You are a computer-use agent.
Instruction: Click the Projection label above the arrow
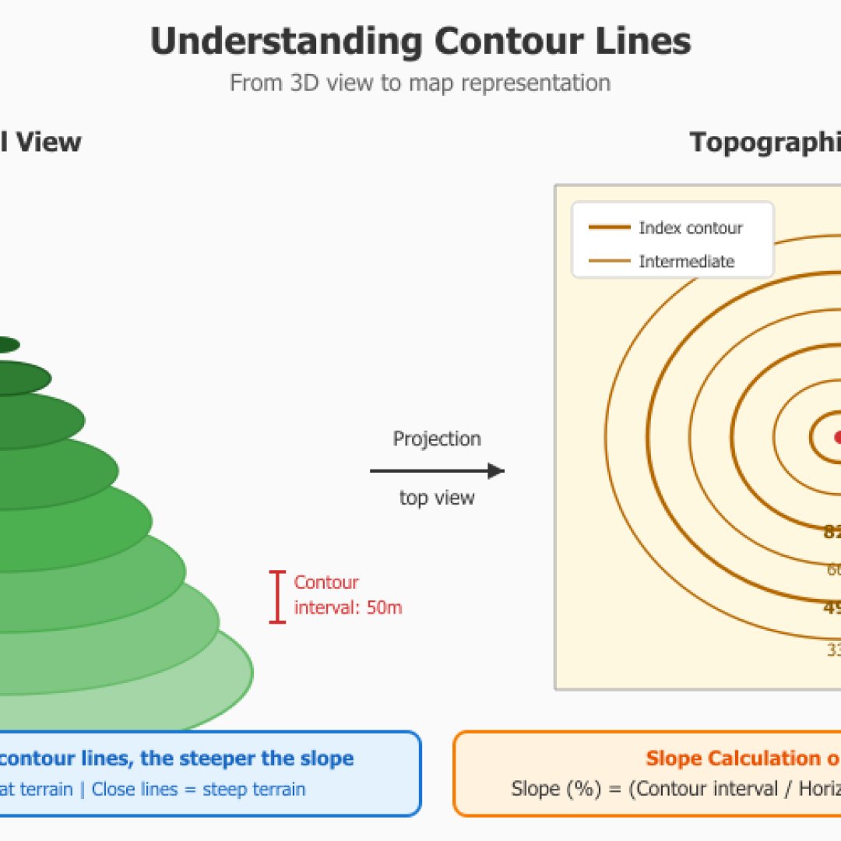[x=437, y=438]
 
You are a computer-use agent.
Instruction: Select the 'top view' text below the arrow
[x=437, y=498]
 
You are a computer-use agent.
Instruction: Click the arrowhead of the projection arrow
[x=496, y=470]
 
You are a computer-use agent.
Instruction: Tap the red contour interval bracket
[x=277, y=597]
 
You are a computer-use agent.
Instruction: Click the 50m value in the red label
[x=384, y=607]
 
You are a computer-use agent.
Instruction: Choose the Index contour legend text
[x=691, y=228]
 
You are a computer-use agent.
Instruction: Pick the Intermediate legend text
[x=687, y=262]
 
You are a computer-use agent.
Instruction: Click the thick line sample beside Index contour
[x=610, y=228]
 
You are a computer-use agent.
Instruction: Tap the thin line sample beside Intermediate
[x=610, y=262]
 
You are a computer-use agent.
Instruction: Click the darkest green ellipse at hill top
[x=8, y=344]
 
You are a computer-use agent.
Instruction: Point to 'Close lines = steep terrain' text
[x=199, y=789]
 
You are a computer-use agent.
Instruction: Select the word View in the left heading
[x=49, y=142]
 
